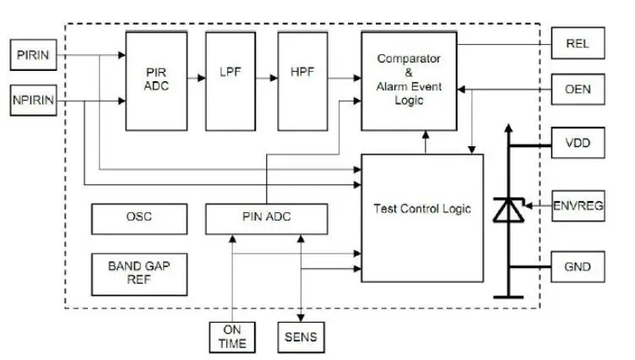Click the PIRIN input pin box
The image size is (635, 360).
tap(33, 55)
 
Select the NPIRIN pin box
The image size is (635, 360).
tap(33, 100)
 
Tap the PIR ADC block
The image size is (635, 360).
tap(156, 81)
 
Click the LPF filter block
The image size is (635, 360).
tap(231, 81)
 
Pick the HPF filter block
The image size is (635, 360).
tap(302, 81)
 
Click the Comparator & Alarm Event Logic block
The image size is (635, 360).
tap(409, 81)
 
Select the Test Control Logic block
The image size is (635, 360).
tap(422, 218)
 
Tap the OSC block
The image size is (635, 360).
tap(139, 219)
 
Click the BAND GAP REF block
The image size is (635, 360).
tap(139, 275)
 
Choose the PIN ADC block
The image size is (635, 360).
tap(267, 219)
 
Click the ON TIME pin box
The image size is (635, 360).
tap(232, 337)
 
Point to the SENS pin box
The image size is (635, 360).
tap(301, 337)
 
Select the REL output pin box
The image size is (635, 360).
tap(578, 43)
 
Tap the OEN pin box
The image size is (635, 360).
tap(578, 90)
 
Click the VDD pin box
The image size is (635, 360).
tap(578, 143)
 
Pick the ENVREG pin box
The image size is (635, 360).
tap(578, 206)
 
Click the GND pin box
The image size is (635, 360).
tap(578, 267)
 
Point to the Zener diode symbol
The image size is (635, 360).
tap(508, 210)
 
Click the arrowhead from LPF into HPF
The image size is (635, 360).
tap(274, 78)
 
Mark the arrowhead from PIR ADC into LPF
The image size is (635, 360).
tap(202, 78)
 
